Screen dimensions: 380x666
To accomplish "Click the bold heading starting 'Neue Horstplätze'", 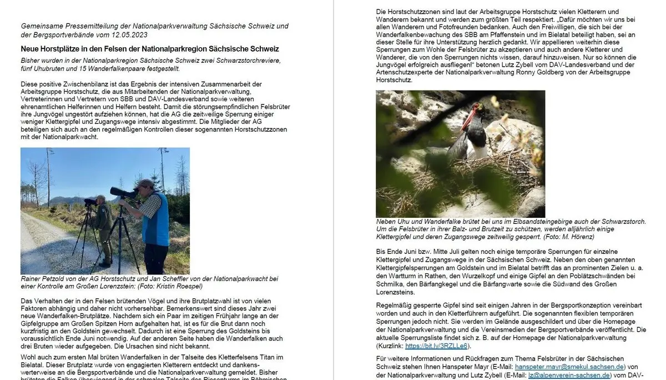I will pyautogui.click(x=150, y=49).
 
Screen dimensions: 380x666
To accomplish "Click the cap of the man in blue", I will pyautogui.click(x=145, y=183).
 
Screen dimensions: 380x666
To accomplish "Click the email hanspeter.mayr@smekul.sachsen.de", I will pyautogui.click(x=570, y=367).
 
